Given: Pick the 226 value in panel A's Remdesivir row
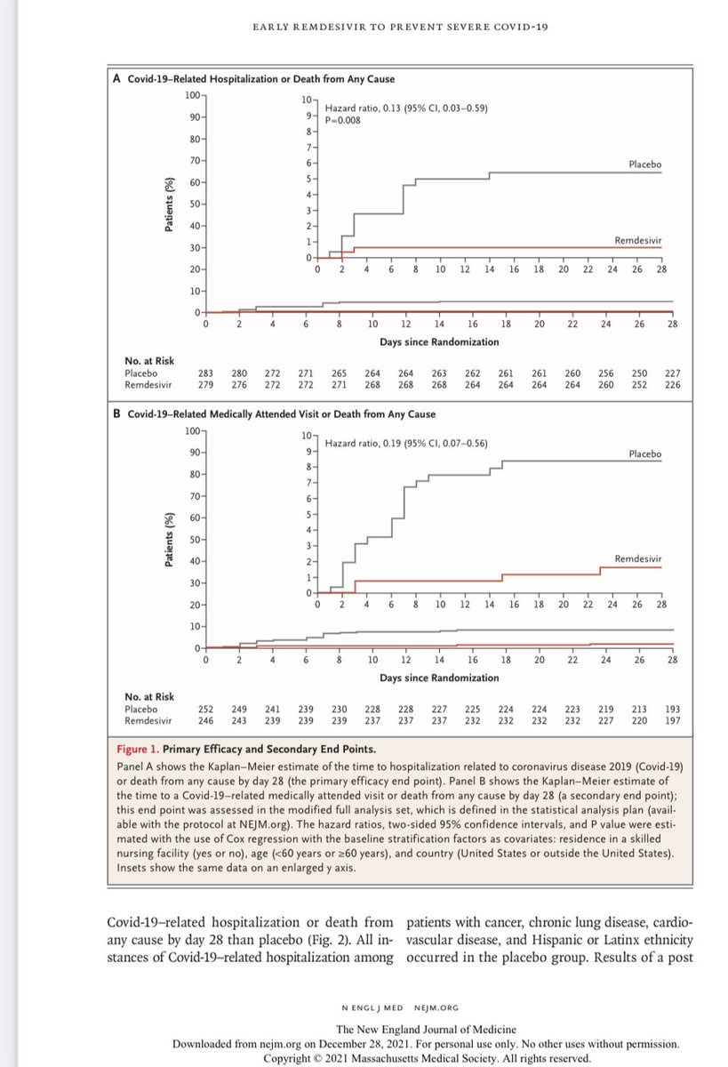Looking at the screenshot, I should pos(672,384).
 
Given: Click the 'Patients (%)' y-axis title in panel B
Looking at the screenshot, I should pos(169,540).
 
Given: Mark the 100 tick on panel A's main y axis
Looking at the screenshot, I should pos(193,94).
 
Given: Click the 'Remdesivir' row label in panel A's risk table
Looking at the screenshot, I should pos(148,384).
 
